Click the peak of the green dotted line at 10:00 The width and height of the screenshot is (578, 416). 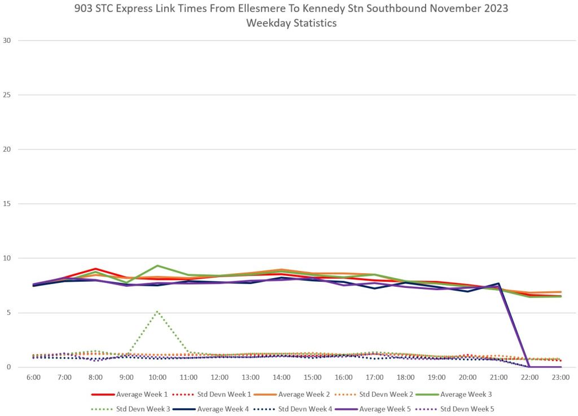tap(157, 311)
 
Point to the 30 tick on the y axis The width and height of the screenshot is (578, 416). tap(8, 41)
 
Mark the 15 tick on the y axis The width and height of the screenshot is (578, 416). tap(8, 204)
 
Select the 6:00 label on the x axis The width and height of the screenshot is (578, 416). tap(33, 376)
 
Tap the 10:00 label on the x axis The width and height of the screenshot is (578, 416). tap(157, 376)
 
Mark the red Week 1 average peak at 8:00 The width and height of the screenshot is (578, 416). tap(95, 269)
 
